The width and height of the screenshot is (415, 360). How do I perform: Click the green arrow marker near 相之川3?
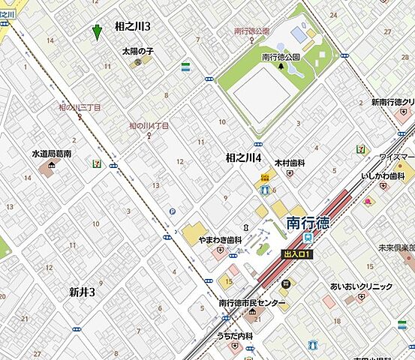pos(96,32)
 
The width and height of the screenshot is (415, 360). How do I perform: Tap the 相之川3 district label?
pos(132,26)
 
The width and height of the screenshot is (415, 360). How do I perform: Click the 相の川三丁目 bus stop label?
pos(80,108)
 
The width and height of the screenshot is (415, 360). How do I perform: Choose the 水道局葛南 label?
pos(51,153)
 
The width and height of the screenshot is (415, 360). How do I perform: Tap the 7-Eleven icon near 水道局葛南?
pos(96,163)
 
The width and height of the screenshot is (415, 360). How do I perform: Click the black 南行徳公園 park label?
pos(281,56)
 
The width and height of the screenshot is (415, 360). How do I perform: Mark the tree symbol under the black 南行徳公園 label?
pos(281,66)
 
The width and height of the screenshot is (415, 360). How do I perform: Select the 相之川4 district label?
pos(243,157)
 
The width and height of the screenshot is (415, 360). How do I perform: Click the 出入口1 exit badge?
pos(296,254)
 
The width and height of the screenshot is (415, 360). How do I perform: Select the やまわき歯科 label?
pos(220,240)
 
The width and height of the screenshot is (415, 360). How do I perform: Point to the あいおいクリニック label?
pos(361,286)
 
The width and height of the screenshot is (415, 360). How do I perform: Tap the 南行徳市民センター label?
pos(252,303)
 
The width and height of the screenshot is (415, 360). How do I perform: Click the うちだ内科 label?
pos(235,337)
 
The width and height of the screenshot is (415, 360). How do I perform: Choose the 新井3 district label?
pos(82,292)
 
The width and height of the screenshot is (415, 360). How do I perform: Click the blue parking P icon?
pos(173,211)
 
